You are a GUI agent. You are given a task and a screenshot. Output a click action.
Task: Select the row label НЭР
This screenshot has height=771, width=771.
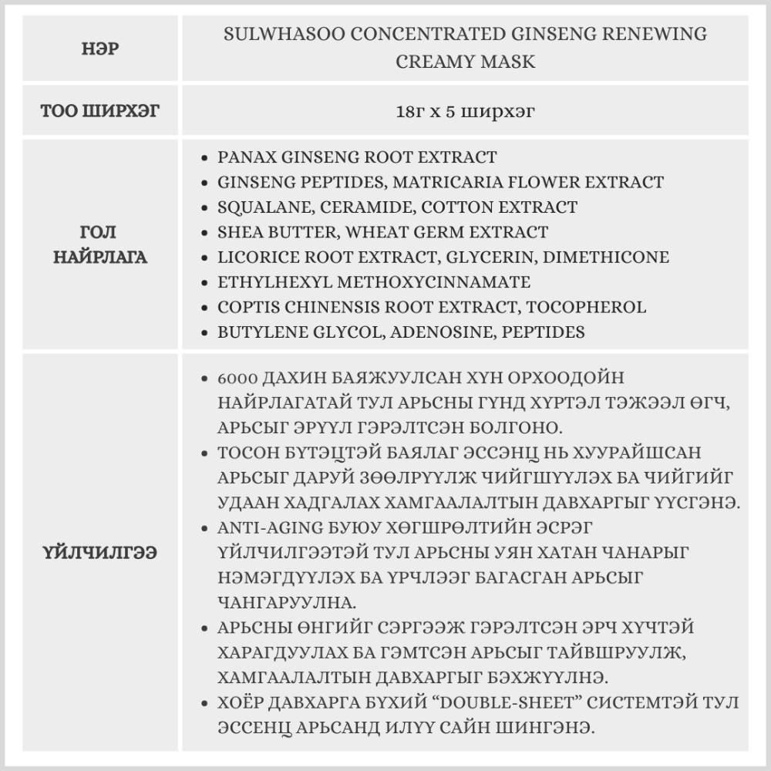(x=100, y=48)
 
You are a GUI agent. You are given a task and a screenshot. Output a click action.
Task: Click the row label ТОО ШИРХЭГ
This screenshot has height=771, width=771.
(x=100, y=111)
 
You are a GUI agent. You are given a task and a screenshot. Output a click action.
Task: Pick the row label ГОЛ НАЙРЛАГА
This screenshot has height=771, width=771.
(x=100, y=244)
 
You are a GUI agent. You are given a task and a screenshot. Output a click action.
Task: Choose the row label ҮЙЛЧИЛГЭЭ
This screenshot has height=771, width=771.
(x=100, y=553)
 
